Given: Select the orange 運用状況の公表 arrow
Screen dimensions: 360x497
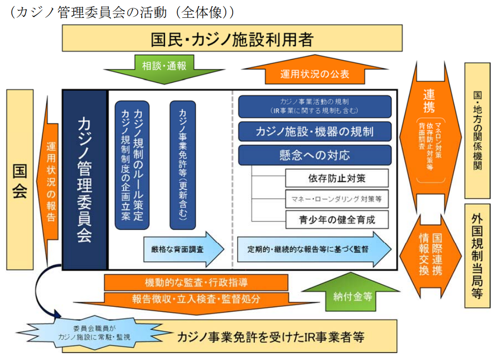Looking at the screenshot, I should [x=314, y=74].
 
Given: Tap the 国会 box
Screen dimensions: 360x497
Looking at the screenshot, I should [x=20, y=180].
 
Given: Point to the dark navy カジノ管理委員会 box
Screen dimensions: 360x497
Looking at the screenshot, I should [x=85, y=180].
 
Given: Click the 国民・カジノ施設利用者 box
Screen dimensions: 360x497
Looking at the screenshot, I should [x=232, y=39].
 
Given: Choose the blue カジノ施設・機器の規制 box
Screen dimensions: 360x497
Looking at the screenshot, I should [x=314, y=131].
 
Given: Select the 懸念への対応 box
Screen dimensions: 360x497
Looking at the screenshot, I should [x=314, y=155].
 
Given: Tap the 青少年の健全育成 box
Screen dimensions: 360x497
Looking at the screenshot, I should [x=337, y=219].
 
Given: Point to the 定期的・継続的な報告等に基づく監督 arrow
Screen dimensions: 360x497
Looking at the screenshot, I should [x=314, y=249].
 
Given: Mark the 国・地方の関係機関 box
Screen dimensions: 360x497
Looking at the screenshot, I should [x=477, y=131].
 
